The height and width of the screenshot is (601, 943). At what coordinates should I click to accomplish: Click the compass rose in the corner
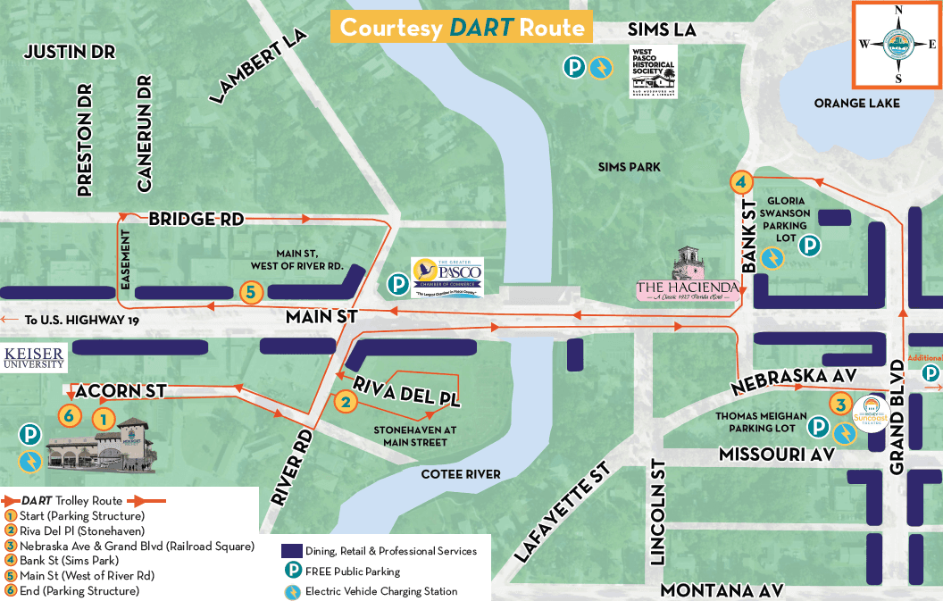[897, 44]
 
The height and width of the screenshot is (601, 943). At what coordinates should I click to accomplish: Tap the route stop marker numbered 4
[740, 182]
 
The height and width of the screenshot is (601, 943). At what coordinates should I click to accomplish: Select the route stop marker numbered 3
[839, 404]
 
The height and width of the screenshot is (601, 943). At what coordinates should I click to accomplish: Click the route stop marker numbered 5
[252, 291]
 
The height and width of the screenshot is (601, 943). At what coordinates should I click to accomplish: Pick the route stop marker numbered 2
[346, 402]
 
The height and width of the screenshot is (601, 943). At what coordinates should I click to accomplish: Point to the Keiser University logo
[33, 357]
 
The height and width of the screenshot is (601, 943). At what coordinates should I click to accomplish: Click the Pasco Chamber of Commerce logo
[446, 277]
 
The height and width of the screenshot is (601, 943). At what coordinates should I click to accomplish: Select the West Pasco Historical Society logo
[653, 71]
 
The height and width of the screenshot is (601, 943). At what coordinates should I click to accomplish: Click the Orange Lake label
[856, 103]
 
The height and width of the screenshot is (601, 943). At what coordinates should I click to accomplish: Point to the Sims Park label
[630, 167]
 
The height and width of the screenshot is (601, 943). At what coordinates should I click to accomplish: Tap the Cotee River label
[461, 473]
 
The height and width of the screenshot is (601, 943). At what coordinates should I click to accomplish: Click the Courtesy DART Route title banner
[462, 28]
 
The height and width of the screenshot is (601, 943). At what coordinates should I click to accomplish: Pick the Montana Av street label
[722, 589]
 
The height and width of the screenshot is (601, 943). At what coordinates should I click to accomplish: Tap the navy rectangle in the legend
[291, 551]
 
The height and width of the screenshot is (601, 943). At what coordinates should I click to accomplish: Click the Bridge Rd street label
[194, 219]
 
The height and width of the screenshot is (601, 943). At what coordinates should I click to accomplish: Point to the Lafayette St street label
[562, 513]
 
